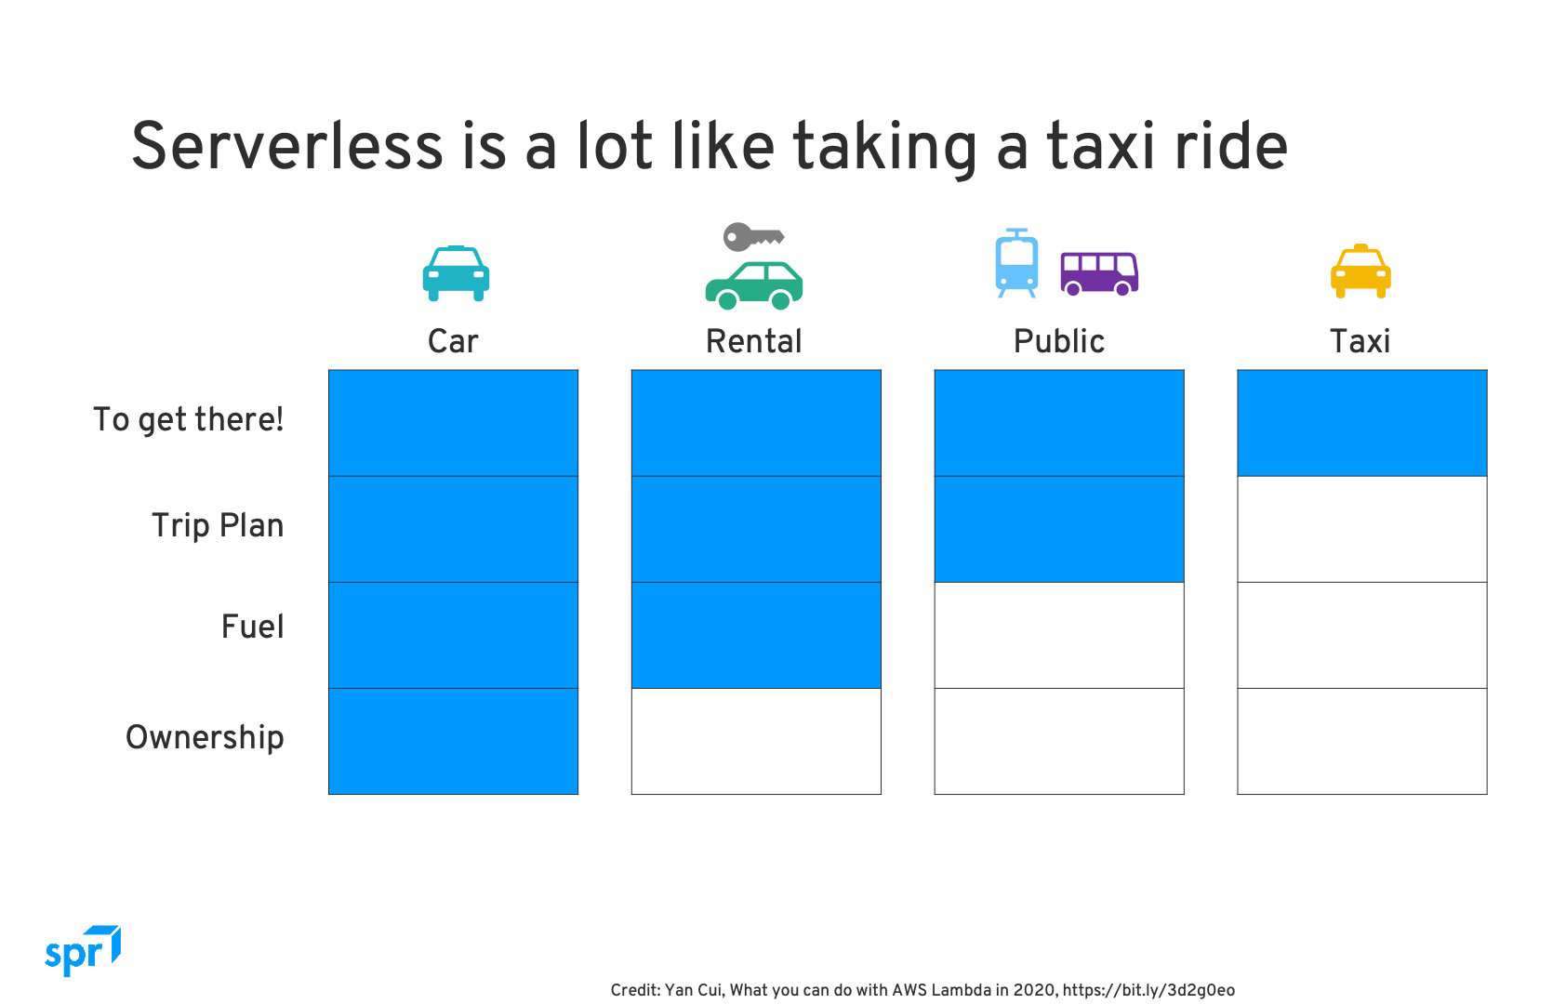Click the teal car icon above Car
456,273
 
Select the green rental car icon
753,285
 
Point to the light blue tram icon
1016,263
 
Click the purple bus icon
1099,273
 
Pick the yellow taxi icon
1360,271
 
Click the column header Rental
753,342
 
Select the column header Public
1059,342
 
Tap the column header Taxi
1360,342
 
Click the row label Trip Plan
219,525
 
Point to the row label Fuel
253,626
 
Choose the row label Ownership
205,738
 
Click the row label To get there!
189,420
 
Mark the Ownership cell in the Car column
453,741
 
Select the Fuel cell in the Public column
1059,635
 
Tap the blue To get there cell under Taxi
1361,423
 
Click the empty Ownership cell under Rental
756,741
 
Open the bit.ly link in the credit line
1148,990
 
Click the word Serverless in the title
287,146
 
